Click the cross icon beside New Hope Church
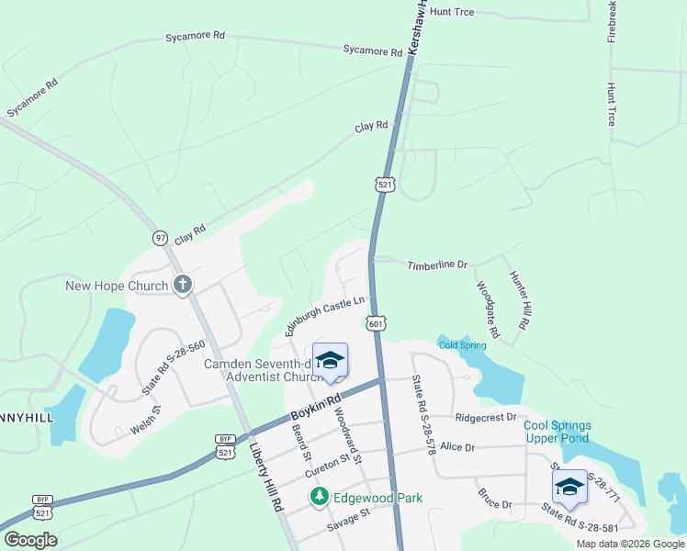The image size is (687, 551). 182,285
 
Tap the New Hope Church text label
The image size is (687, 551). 117,286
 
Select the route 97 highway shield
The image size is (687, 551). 160,237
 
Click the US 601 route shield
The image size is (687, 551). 375,323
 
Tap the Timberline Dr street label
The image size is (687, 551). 437,264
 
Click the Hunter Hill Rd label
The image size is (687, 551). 520,299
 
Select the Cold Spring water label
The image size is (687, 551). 461,345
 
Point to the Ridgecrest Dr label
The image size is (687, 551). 485,417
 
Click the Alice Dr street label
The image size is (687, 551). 457,447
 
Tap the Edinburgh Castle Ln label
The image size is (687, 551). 325,314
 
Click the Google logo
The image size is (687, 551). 30,540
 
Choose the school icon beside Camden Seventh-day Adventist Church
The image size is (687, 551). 331,361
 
